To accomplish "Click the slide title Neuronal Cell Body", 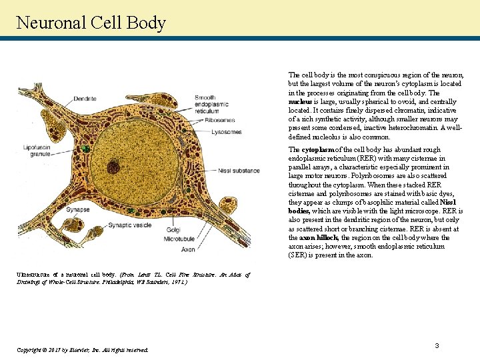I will point(91,23).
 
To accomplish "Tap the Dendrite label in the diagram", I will point(85,99).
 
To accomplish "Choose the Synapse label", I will point(77,209).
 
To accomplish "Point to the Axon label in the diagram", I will point(189,249).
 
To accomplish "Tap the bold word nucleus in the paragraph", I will point(299,102).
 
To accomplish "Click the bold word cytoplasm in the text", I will point(315,149).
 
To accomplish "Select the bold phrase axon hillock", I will point(318,237).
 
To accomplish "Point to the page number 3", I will point(437,345).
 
